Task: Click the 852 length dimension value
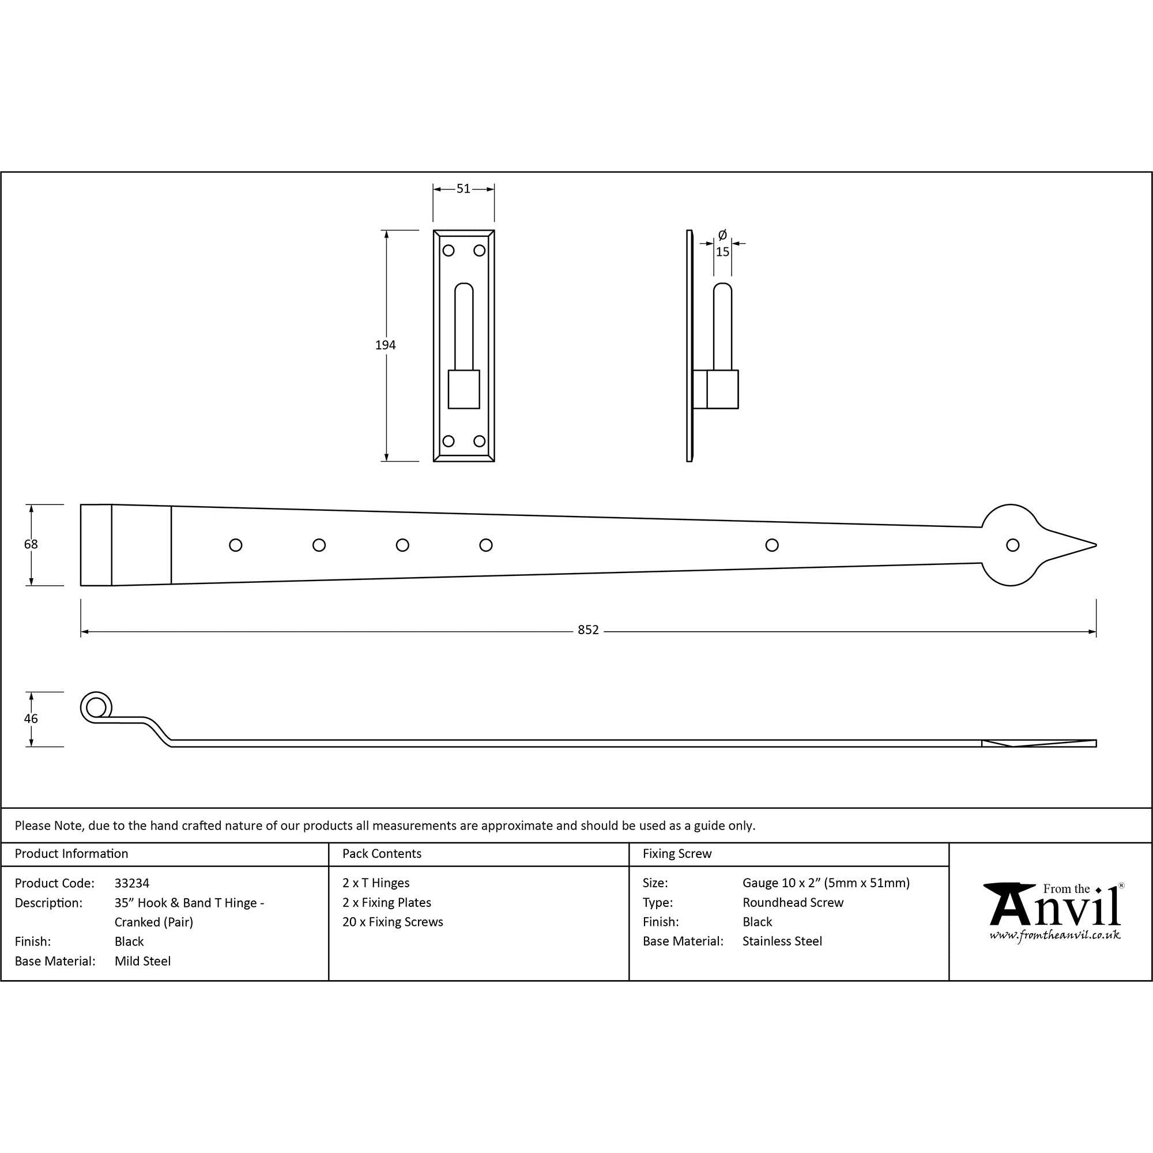(x=588, y=630)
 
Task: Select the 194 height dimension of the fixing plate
(x=386, y=345)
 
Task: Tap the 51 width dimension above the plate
(x=463, y=189)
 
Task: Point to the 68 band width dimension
(x=31, y=544)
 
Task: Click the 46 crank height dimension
(x=31, y=718)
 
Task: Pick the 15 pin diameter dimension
(x=722, y=252)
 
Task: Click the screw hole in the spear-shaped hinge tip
(x=1013, y=545)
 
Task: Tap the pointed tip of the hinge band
(x=1097, y=545)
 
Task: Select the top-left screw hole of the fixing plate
(x=448, y=251)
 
